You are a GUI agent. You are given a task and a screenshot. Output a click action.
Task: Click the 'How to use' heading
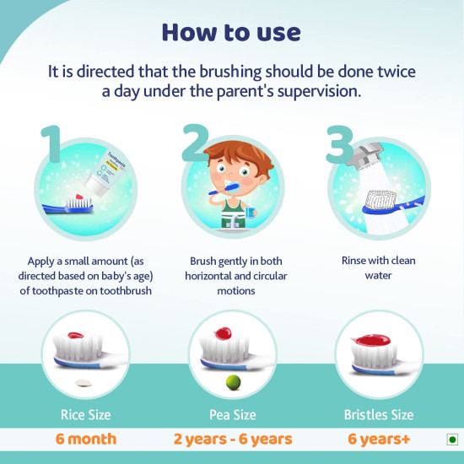click(231, 32)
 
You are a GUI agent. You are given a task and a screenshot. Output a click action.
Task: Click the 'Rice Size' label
click(85, 414)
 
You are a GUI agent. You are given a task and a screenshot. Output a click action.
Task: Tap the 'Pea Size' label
click(232, 414)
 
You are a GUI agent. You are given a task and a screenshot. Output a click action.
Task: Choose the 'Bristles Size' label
click(379, 414)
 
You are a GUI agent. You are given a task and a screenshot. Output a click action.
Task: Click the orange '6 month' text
click(85, 439)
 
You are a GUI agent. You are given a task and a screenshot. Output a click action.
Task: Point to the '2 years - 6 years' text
click(232, 439)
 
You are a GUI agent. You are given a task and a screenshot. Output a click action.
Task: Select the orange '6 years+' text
click(379, 439)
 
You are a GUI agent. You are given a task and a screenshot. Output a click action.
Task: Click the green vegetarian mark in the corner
click(451, 440)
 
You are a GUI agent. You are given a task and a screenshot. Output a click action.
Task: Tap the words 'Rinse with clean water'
click(379, 267)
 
